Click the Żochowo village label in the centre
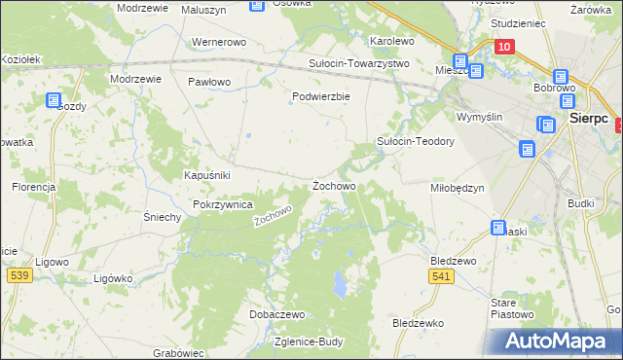(x=333, y=185)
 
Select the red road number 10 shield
(x=503, y=47)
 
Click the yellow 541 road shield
(x=441, y=277)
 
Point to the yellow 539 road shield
(x=17, y=276)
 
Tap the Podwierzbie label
(x=320, y=96)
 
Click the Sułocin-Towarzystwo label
(x=359, y=63)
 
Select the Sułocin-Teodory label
(x=416, y=141)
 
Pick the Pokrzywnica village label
(x=223, y=205)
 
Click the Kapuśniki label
(x=206, y=175)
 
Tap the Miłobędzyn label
(x=457, y=188)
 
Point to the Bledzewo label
(x=453, y=261)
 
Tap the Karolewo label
(x=392, y=42)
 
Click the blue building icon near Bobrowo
(x=562, y=77)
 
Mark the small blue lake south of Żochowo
(x=340, y=284)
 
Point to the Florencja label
(x=34, y=186)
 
